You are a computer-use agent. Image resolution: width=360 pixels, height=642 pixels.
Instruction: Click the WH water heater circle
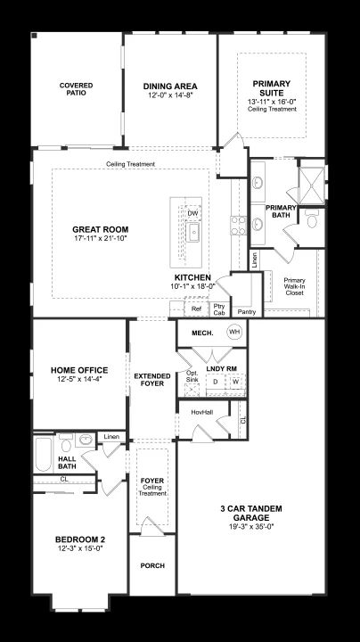(x=234, y=332)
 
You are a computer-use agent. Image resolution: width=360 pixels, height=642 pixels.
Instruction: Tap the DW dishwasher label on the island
(x=192, y=213)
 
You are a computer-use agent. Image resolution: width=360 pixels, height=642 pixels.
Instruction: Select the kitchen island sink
(x=192, y=232)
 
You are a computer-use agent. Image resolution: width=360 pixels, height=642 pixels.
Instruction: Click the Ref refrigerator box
(x=196, y=309)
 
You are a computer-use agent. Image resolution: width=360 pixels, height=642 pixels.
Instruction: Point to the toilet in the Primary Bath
(x=313, y=219)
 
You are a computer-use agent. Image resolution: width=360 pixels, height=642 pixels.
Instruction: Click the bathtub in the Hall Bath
(x=44, y=454)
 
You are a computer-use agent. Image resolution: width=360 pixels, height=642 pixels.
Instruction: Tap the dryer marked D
(x=215, y=382)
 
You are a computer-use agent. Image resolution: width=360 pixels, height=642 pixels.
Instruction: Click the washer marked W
(x=236, y=382)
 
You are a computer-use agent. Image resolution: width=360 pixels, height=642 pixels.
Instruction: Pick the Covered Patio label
(x=76, y=89)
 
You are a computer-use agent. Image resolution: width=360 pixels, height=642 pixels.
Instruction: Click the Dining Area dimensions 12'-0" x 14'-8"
(x=170, y=95)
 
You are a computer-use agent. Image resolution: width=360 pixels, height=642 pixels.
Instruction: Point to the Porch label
(x=152, y=565)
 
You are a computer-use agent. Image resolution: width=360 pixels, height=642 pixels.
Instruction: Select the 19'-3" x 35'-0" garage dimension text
(x=251, y=527)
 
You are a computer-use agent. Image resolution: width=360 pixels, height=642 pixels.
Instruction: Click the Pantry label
(x=247, y=312)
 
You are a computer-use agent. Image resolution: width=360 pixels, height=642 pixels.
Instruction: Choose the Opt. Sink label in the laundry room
(x=192, y=376)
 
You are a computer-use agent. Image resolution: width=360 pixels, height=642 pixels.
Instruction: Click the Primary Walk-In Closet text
(x=295, y=286)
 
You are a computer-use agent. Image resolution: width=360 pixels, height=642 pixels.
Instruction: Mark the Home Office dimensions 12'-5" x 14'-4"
(x=79, y=380)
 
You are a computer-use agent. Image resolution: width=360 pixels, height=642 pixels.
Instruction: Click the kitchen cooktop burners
(x=239, y=226)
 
